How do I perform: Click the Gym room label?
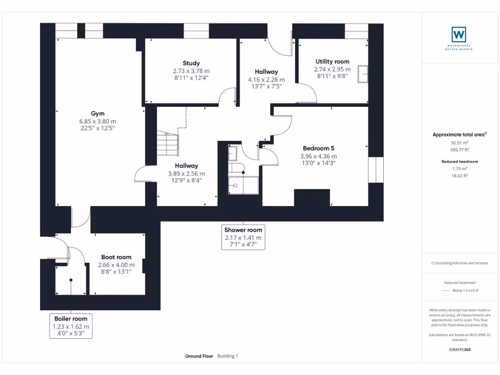(x=98, y=114)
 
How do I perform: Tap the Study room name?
(x=191, y=63)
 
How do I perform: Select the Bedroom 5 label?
(x=318, y=148)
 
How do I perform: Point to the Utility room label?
(x=332, y=62)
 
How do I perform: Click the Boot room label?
(x=116, y=257)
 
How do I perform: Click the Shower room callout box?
(x=243, y=237)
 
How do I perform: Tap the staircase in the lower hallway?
(x=167, y=143)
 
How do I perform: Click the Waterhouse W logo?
(x=458, y=35)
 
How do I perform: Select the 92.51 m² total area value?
(x=458, y=143)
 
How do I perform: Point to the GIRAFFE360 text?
(x=459, y=350)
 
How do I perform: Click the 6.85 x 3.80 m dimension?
(x=98, y=121)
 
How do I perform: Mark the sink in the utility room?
(x=363, y=74)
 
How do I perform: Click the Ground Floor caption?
(x=199, y=356)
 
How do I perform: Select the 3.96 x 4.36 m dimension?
(x=318, y=156)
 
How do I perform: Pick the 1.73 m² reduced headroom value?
(x=458, y=168)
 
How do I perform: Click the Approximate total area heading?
(x=458, y=135)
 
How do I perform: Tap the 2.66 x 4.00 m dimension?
(x=116, y=265)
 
